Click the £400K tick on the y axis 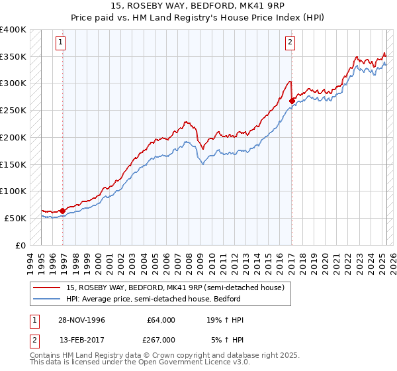point(13,30)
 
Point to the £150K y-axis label point(13,164)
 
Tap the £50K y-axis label point(16,217)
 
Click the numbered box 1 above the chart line point(60,43)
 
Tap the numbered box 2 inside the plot point(290,43)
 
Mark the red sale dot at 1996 point(63,211)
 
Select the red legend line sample point(48,288)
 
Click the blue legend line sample point(48,298)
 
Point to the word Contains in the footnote point(46,356)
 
